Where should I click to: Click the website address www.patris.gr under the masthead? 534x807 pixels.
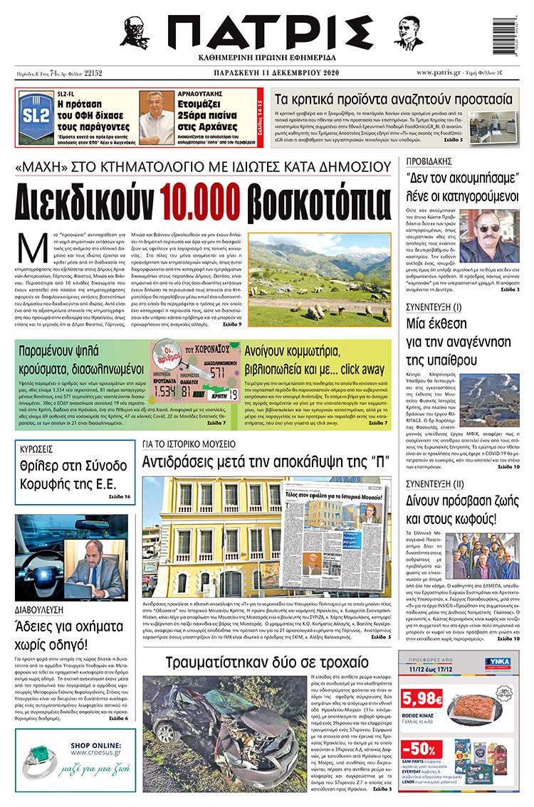click(x=443, y=73)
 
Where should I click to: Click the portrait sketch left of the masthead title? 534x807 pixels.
click(x=133, y=32)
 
